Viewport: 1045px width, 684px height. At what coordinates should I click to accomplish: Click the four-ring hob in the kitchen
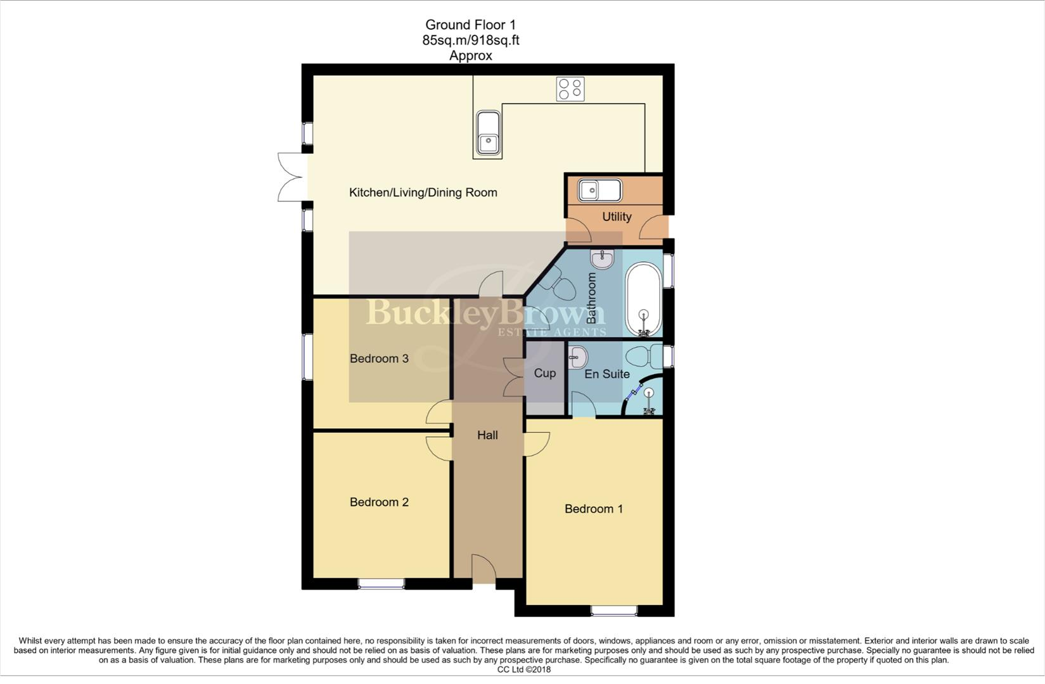tap(570, 89)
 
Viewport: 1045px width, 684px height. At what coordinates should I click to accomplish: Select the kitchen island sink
tap(488, 134)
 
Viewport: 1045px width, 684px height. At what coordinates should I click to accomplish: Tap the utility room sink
tap(600, 189)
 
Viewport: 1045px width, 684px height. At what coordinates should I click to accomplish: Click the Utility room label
tap(617, 217)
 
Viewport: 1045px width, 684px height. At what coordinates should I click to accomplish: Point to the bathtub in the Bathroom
tap(644, 298)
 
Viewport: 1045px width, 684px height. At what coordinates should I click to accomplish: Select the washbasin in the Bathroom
tap(601, 259)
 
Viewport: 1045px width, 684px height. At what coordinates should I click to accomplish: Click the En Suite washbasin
tap(578, 357)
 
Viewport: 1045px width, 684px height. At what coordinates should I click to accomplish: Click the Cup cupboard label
tap(544, 373)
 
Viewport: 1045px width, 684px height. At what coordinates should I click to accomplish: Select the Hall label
tap(487, 435)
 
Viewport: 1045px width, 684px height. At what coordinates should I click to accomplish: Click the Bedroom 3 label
tap(379, 358)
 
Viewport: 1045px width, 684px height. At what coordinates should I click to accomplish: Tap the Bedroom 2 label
tap(379, 502)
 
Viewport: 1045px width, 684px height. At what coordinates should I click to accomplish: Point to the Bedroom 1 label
tap(594, 509)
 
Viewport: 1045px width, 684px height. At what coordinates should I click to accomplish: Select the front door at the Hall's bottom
tap(484, 570)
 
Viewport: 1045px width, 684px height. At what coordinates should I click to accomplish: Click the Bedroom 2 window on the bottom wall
tap(381, 583)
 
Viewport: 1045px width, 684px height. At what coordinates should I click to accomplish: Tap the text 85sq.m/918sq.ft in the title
tap(470, 40)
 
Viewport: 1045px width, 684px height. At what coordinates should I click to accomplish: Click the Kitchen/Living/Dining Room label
tap(423, 193)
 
